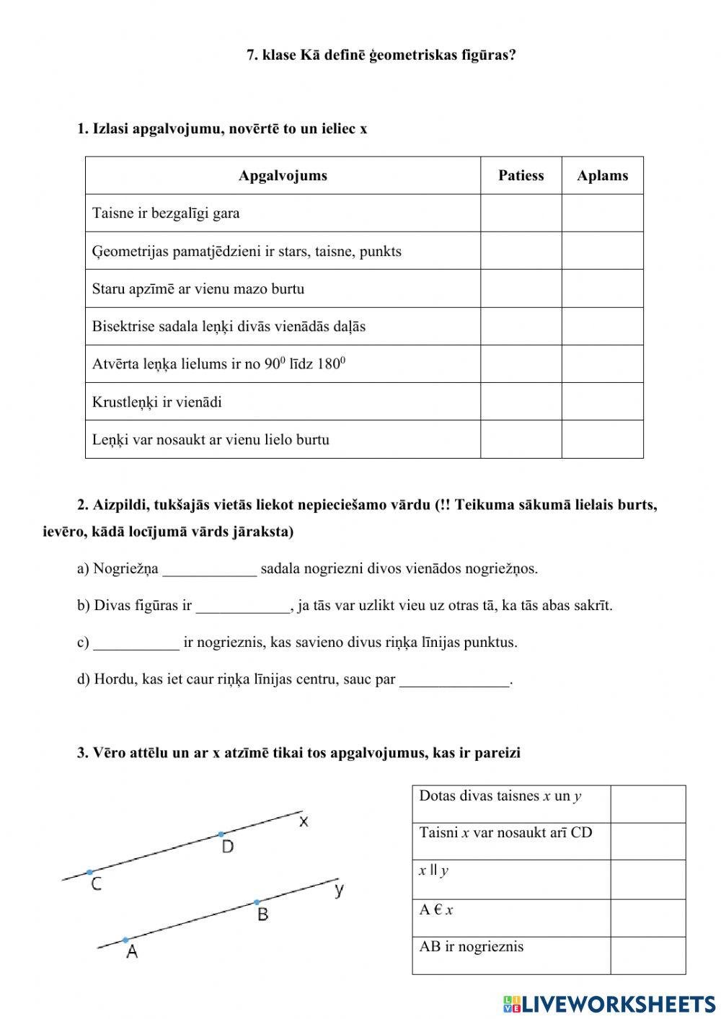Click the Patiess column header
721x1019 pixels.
coord(521,175)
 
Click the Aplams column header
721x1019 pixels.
coord(602,175)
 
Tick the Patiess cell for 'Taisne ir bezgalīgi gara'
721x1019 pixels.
coord(521,213)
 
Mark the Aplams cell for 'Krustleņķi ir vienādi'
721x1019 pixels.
coord(602,402)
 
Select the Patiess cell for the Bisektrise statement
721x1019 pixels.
coord(521,326)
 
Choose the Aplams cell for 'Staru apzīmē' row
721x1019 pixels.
coord(602,288)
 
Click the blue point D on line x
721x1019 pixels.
coord(221,834)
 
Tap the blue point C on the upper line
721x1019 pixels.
coord(90,872)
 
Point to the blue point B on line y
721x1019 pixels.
coord(257,902)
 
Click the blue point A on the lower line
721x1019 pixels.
coord(125,940)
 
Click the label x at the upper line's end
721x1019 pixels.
coord(304,821)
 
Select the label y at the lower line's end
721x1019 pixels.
coord(339,890)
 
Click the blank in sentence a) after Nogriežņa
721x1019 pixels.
coord(209,570)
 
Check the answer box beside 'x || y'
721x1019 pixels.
coord(647,879)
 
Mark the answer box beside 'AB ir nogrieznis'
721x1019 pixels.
coord(647,956)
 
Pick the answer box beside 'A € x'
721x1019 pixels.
coord(647,917)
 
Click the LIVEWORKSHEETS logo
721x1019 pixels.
coord(609,1003)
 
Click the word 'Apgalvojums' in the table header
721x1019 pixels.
coord(283,175)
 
